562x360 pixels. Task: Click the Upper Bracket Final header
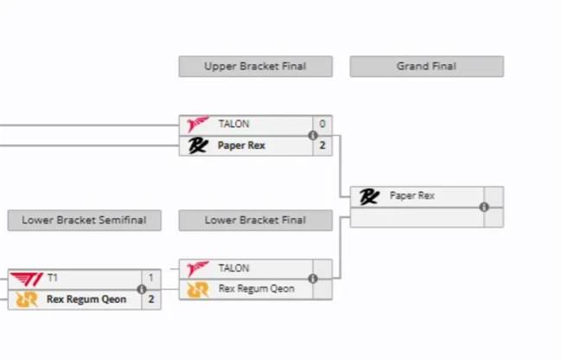click(255, 67)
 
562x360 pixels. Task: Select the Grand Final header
click(426, 67)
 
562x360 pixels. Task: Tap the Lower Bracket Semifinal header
click(84, 221)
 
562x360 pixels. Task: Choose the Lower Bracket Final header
click(255, 221)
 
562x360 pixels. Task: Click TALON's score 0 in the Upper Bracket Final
click(323, 125)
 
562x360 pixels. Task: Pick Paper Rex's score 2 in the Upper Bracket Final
click(323, 145)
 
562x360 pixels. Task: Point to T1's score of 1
click(151, 278)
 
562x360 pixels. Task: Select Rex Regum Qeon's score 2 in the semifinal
click(151, 299)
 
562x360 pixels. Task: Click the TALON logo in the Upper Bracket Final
click(198, 125)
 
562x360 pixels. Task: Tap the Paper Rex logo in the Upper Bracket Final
click(198, 145)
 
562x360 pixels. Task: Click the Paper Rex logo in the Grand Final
click(369, 196)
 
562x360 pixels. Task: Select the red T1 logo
click(26, 278)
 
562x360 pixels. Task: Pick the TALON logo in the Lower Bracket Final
click(198, 268)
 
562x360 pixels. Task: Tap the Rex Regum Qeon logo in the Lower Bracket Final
click(198, 289)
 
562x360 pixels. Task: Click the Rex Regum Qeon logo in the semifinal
click(26, 299)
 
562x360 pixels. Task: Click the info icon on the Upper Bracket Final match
click(312, 135)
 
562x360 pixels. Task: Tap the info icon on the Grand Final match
click(483, 207)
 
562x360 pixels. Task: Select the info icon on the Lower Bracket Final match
click(312, 279)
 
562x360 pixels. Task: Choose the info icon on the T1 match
click(141, 289)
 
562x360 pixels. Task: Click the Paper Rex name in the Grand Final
click(412, 196)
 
